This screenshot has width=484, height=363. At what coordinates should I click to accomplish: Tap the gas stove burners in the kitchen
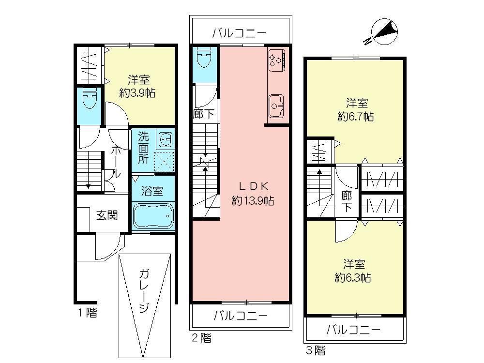(276, 59)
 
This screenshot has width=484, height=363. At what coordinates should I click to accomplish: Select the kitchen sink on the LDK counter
(277, 105)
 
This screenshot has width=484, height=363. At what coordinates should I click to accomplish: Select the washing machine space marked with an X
(164, 162)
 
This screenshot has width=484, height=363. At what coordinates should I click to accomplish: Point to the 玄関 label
(106, 215)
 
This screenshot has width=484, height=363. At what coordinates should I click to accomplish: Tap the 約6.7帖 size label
(357, 117)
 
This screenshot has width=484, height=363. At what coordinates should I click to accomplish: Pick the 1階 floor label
(88, 313)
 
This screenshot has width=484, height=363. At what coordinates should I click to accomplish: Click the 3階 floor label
(315, 349)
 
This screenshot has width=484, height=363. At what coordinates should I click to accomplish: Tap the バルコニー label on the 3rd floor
(353, 330)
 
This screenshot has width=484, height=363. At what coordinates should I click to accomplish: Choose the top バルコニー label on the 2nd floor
(240, 33)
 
